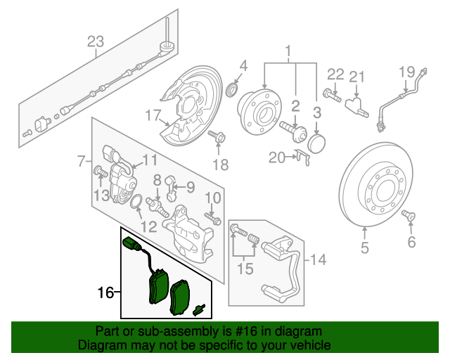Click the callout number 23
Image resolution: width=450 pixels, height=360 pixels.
[x=96, y=42]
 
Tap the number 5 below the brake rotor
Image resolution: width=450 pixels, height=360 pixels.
[x=365, y=247]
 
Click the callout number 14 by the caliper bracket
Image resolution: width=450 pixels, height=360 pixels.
[x=318, y=260]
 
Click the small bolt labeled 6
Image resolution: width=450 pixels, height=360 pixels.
[x=408, y=217]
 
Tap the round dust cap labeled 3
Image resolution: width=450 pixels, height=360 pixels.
[x=318, y=143]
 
